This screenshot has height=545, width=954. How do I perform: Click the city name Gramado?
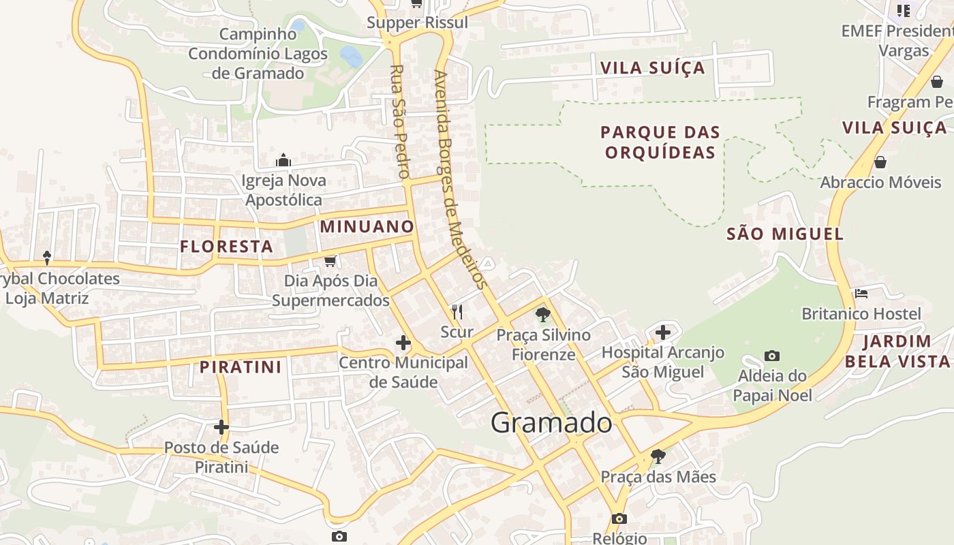[x=551, y=422]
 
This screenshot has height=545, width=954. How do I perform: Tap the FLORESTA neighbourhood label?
[x=226, y=247]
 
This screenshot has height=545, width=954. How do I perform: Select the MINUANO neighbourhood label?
[x=367, y=226]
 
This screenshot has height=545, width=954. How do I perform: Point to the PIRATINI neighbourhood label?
[x=241, y=367]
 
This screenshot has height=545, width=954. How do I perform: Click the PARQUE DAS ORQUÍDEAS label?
[x=660, y=142]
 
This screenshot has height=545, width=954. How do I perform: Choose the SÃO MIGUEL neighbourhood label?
[x=785, y=234]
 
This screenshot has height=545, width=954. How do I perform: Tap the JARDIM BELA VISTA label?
[x=897, y=351]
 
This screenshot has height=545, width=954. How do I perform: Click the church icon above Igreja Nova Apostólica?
[x=283, y=161]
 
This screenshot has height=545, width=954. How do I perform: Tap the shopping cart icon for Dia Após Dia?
[x=330, y=261]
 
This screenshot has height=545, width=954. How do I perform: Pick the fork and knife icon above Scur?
[x=457, y=313]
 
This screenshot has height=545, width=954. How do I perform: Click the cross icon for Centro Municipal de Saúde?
[x=403, y=343]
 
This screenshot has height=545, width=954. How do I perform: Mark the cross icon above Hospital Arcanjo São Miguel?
[x=663, y=332]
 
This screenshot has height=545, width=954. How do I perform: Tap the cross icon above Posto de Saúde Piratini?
[x=221, y=427]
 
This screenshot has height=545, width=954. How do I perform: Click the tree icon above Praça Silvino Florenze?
[x=543, y=314]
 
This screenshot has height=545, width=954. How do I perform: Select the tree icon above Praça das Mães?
[x=658, y=456]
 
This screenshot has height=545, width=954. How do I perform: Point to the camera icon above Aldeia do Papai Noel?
[x=772, y=356]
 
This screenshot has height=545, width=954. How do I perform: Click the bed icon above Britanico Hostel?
[x=861, y=294]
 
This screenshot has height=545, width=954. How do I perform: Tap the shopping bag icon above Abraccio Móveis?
[x=880, y=162]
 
